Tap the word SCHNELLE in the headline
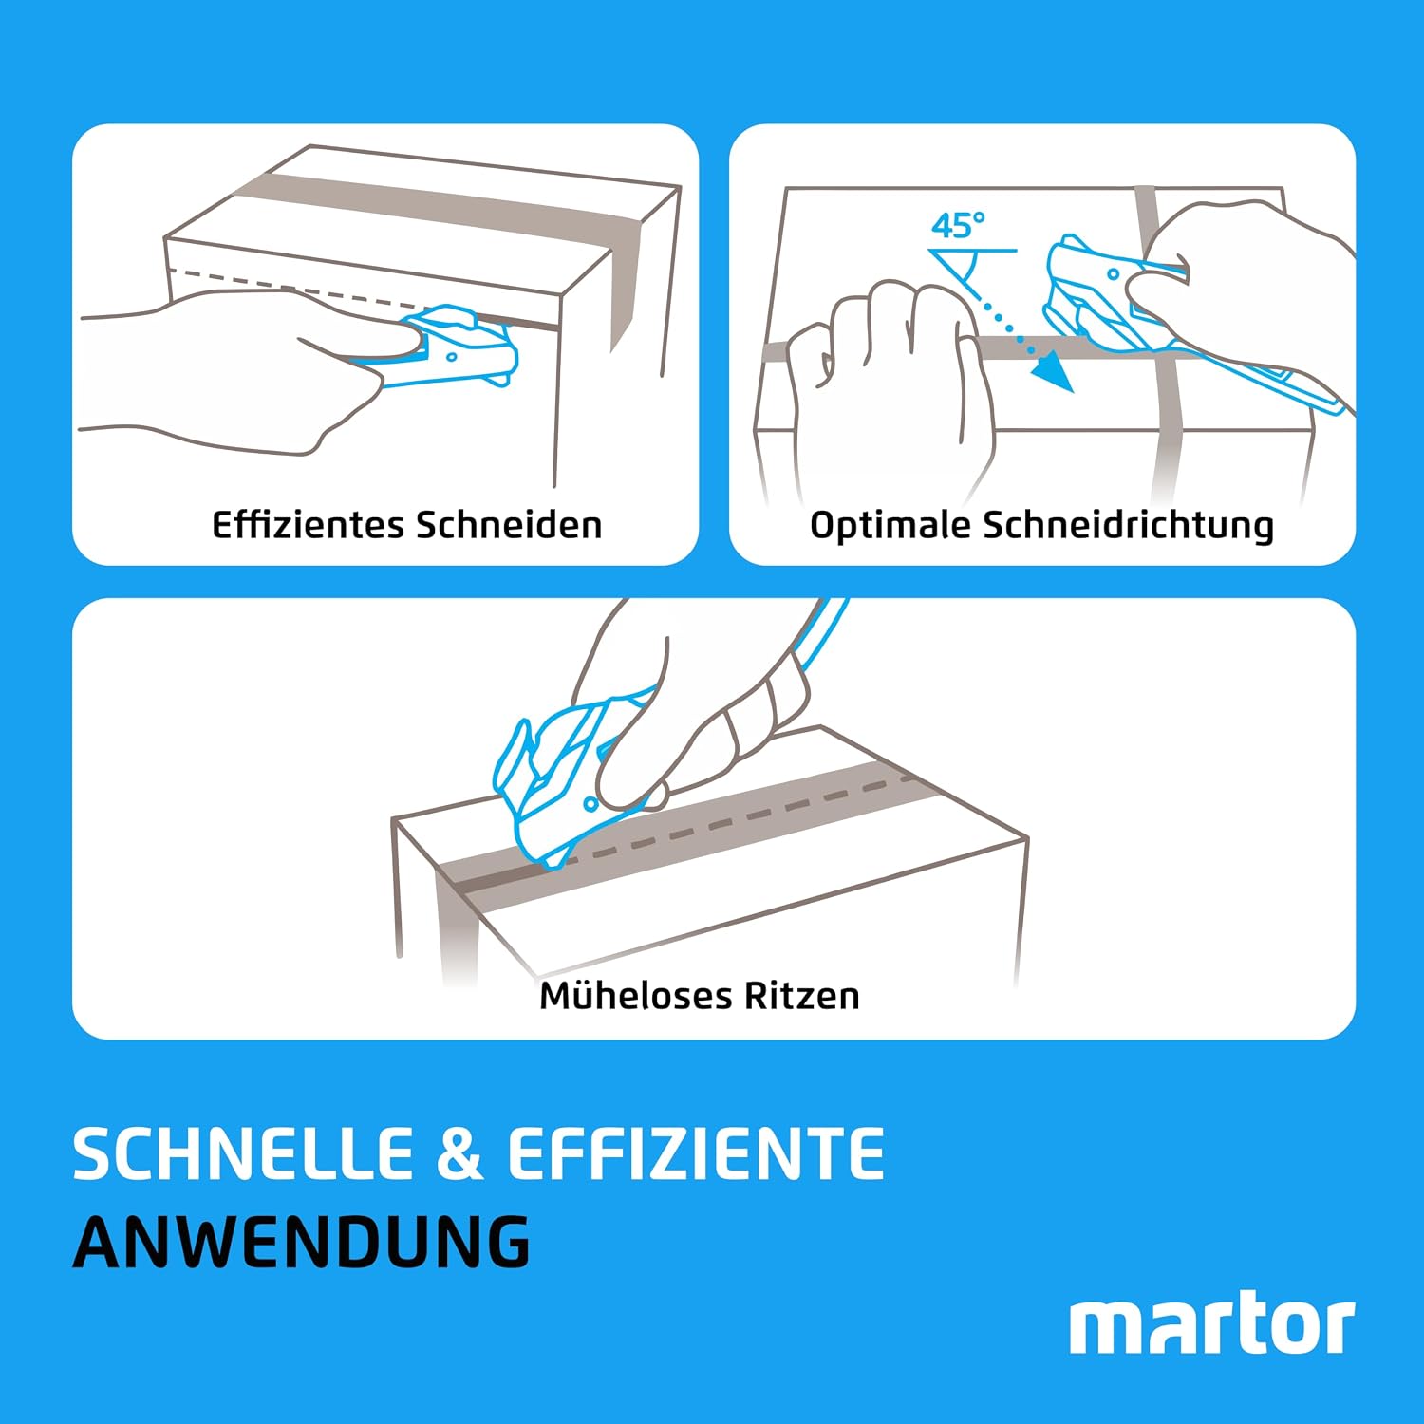[243, 1154]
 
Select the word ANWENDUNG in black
[302, 1242]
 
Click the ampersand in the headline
[459, 1154]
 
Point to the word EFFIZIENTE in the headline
[696, 1154]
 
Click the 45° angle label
[957, 226]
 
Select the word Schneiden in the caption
[508, 525]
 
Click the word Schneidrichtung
[1128, 526]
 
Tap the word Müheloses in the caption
[635, 996]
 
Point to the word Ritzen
[801, 996]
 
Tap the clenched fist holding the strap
[888, 380]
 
